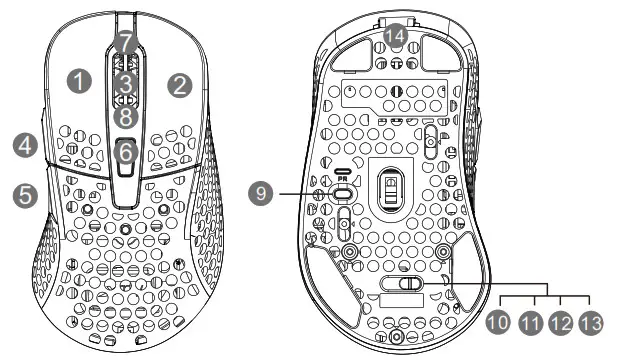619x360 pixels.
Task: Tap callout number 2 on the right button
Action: [x=179, y=85]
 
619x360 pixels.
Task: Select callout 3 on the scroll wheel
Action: [x=124, y=80]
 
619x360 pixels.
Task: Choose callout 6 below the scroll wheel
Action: [x=124, y=154]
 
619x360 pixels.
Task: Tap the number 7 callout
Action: [x=124, y=42]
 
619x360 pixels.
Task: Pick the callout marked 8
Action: [x=124, y=118]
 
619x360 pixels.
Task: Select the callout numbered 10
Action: [x=499, y=323]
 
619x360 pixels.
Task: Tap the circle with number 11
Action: [x=531, y=323]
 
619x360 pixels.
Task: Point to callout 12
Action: [x=561, y=323]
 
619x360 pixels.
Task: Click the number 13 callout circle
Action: [x=591, y=323]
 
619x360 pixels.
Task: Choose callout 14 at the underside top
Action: [x=396, y=37]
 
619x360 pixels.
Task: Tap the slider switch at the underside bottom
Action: [x=399, y=284]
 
